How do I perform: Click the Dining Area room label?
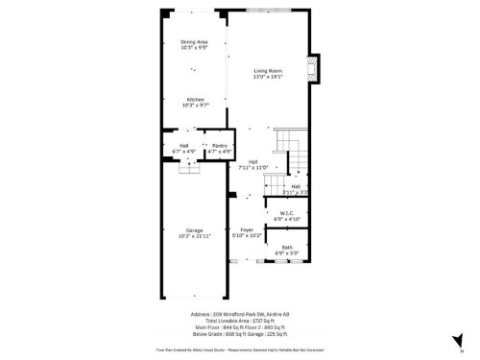(194, 41)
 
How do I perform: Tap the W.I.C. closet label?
(287, 213)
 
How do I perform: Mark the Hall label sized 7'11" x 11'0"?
(252, 161)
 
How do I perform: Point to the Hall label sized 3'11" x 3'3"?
(296, 186)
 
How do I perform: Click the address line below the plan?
(240, 314)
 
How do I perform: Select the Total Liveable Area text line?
(240, 321)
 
